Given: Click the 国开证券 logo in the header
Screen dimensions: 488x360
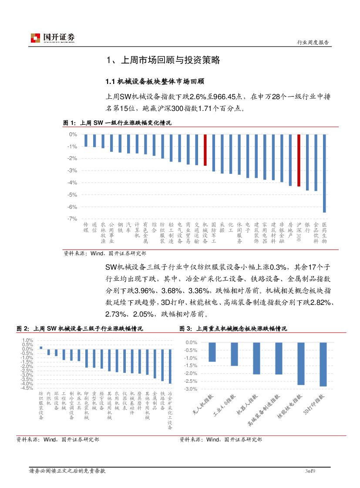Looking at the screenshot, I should click(x=53, y=38).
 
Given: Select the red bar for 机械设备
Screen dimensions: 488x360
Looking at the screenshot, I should click(x=205, y=150).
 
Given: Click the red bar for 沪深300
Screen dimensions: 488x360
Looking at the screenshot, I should click(x=299, y=160).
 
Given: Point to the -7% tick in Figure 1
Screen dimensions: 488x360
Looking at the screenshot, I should click(x=72, y=219).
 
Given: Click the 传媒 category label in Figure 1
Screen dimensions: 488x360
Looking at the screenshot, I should click(x=86, y=227).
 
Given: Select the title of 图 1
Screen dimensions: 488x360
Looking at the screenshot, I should click(x=118, y=123).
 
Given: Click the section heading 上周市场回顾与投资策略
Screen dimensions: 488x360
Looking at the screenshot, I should click(x=163, y=60).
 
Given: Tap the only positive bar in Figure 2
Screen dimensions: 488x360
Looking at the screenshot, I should click(x=41, y=348).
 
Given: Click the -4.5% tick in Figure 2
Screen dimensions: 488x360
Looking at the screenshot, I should click(x=27, y=388).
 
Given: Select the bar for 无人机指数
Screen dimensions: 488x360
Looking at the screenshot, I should click(x=212, y=352).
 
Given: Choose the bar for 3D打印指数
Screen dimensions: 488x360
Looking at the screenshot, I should click(x=323, y=364).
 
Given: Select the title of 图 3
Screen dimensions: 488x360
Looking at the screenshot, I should click(x=233, y=329).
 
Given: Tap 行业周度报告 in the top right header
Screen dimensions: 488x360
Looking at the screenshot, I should click(x=312, y=43).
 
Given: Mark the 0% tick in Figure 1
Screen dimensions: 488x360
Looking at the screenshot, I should click(x=74, y=134).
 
